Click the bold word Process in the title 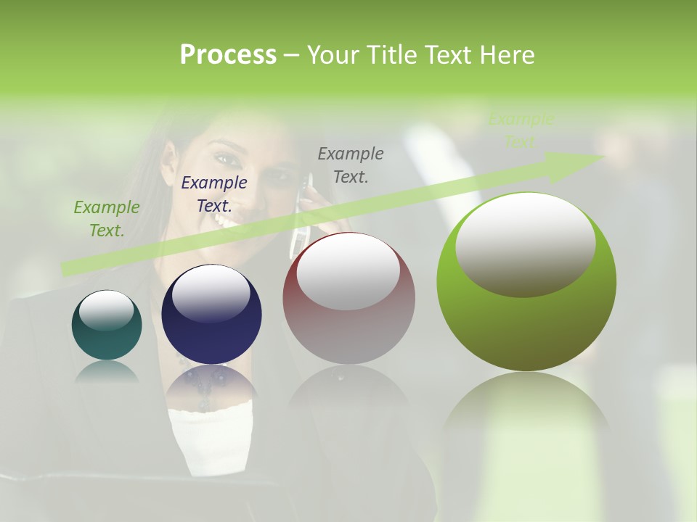pos(228,55)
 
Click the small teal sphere pos(107,326)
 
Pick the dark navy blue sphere pos(211,315)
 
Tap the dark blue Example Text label pos(213,194)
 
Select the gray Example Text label pos(351,165)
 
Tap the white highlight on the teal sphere pos(106,310)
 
